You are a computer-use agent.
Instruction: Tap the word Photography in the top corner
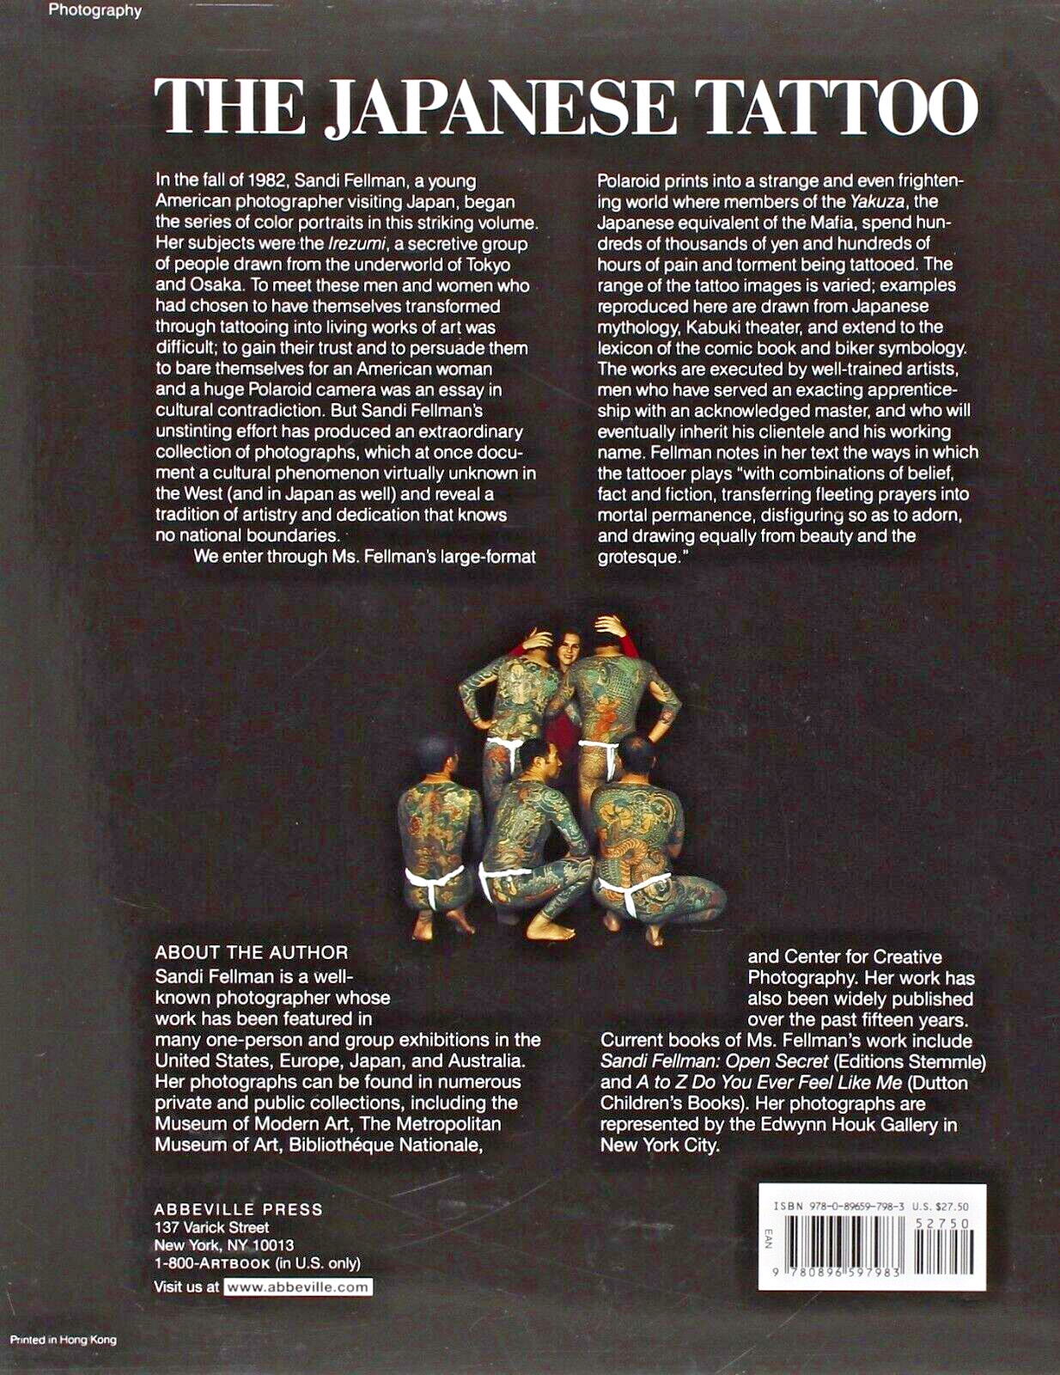94,11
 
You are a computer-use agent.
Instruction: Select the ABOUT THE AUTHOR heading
252,952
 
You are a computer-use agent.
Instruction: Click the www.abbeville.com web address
298,1286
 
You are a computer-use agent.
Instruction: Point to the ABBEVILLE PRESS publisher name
239,1209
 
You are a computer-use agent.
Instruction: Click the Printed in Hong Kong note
63,1340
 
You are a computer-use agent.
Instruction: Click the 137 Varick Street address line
211,1227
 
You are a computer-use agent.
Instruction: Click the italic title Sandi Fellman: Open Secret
714,1061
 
